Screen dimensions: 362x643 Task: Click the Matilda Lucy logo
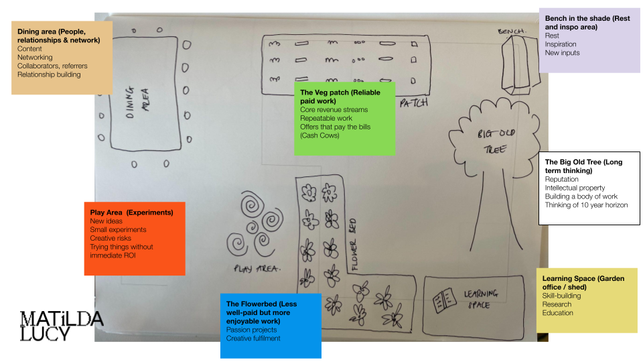click(x=61, y=325)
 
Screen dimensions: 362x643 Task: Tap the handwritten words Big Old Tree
click(x=496, y=141)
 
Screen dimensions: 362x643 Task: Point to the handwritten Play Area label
click(x=257, y=269)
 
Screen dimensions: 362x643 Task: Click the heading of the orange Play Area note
click(x=131, y=213)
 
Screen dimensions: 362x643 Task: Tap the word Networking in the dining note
click(x=35, y=58)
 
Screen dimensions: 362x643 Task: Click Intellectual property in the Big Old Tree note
click(x=575, y=188)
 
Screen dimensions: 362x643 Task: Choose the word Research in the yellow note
click(x=557, y=304)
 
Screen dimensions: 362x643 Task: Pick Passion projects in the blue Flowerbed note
click(x=251, y=330)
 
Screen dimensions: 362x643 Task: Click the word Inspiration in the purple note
click(x=561, y=44)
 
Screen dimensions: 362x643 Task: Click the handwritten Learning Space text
click(x=481, y=299)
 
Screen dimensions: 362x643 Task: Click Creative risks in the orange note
click(x=111, y=238)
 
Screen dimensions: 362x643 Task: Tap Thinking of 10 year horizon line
click(x=586, y=205)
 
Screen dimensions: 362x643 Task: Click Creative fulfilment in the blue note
click(x=253, y=339)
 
